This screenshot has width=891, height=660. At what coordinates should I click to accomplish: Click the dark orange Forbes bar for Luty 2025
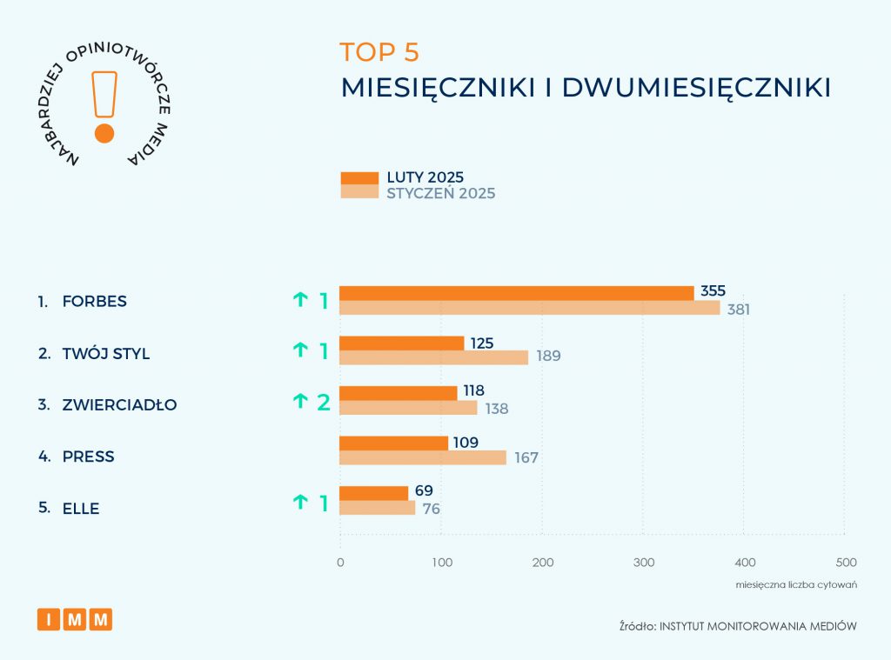click(516, 293)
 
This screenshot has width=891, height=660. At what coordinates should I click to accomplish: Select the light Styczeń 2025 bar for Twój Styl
click(433, 357)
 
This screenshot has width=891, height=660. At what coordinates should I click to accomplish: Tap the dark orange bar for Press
click(393, 443)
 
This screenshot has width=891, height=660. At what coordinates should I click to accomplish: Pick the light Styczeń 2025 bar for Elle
click(377, 509)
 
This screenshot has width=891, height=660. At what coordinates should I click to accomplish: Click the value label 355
click(713, 290)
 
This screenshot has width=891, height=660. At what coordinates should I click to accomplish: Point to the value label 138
click(496, 408)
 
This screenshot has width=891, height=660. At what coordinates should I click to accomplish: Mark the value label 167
click(526, 457)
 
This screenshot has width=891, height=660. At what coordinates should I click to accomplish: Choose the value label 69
click(424, 491)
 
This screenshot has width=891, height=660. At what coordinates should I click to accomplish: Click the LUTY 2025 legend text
click(425, 177)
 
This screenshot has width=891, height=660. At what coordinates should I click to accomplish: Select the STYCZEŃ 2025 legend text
click(441, 193)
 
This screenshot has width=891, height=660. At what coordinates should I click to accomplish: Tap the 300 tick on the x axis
click(643, 563)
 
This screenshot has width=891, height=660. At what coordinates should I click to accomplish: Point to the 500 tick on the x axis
click(845, 563)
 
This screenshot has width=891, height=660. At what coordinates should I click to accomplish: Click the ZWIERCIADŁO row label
click(119, 405)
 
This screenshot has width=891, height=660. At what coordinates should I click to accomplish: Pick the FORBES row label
click(94, 302)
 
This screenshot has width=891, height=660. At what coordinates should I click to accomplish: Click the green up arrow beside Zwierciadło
click(300, 401)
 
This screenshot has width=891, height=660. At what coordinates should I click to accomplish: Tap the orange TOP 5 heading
click(379, 52)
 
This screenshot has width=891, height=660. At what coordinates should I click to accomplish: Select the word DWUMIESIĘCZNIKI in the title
click(696, 88)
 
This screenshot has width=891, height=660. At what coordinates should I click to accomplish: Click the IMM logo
click(75, 619)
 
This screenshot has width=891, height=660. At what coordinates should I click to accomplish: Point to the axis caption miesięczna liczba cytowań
click(796, 584)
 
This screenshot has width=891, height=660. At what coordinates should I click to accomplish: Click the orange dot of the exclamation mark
click(104, 133)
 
